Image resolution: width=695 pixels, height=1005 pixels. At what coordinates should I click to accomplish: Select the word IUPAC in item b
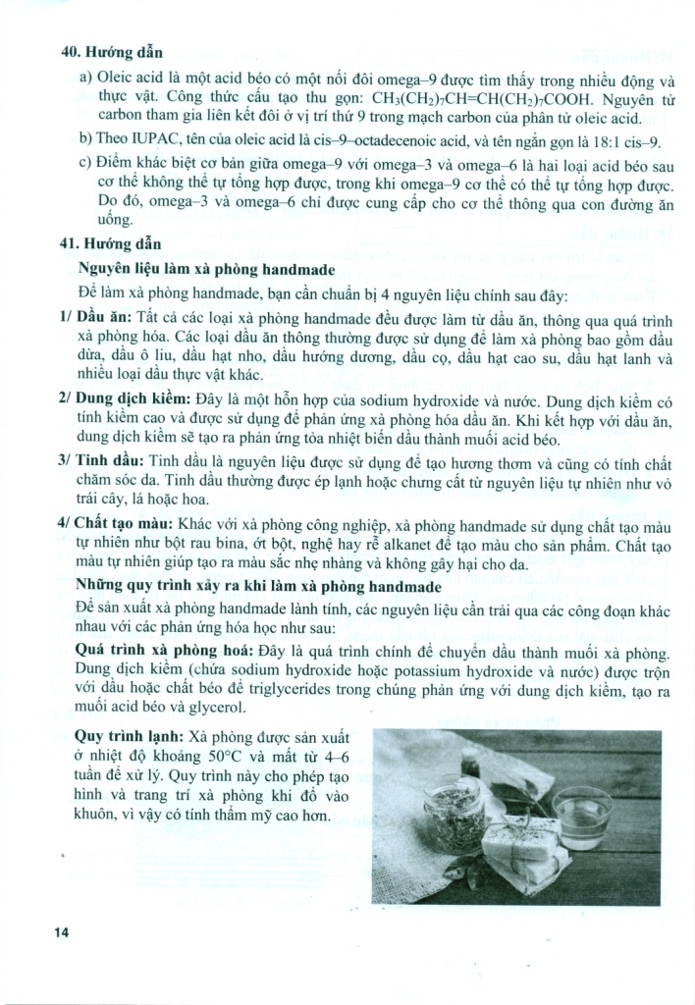point(149,140)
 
